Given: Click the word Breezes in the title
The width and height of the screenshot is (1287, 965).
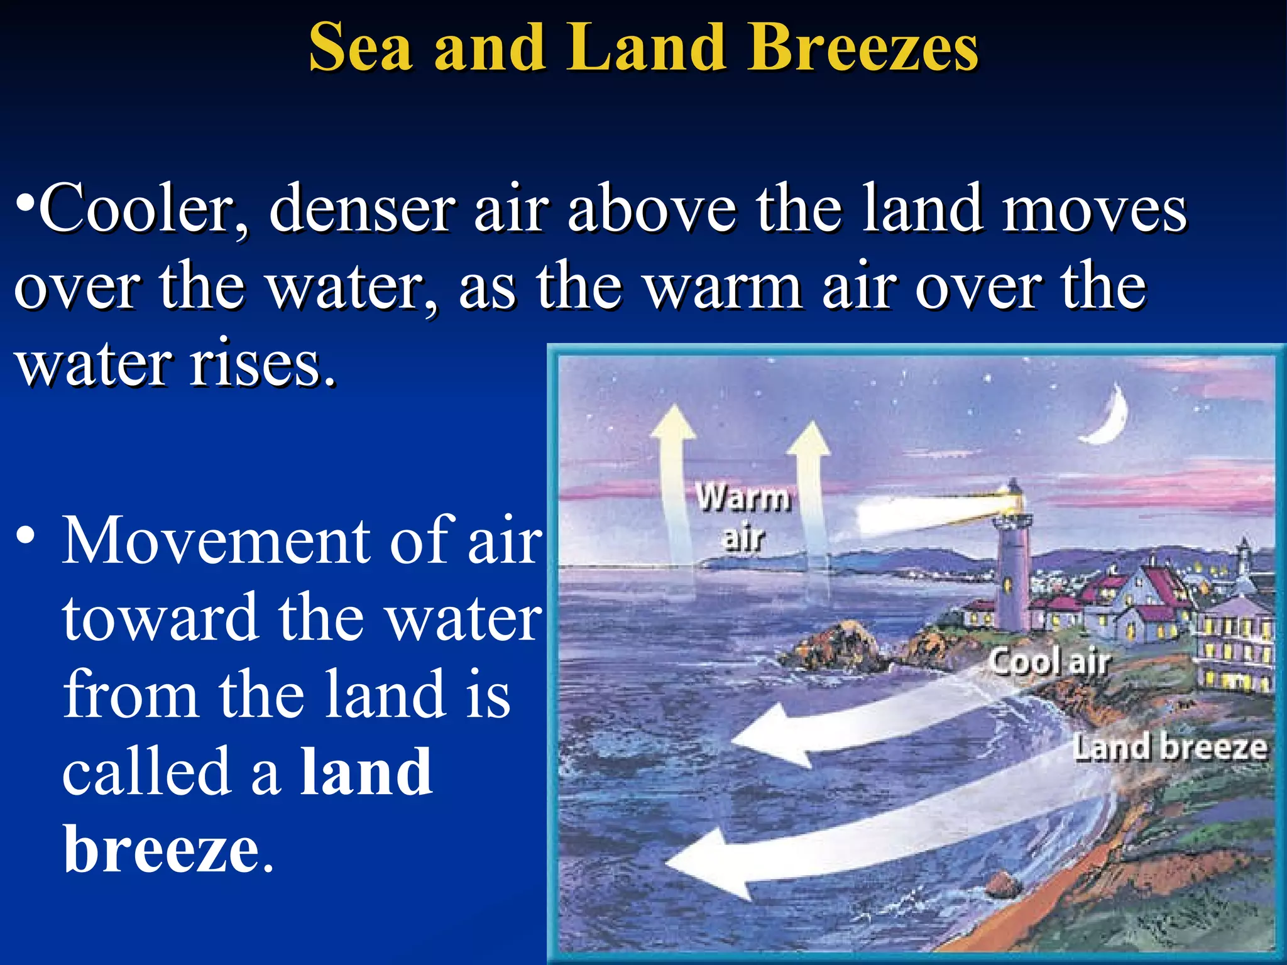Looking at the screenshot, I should (862, 48).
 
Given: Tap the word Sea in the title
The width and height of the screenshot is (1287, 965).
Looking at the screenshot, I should (361, 48).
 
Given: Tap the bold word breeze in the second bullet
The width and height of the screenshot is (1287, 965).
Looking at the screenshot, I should (162, 849).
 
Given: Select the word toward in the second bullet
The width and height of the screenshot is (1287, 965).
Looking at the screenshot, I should (161, 618).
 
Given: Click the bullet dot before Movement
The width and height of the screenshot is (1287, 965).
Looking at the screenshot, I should (26, 537).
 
